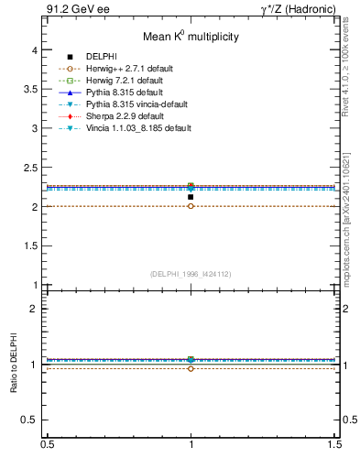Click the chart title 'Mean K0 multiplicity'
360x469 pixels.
pos(191,37)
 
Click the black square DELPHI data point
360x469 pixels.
pos(191,197)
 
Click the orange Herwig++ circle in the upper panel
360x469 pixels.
pos(191,206)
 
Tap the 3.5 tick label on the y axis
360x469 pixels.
pos(33,90)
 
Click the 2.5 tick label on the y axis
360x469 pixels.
pos(33,169)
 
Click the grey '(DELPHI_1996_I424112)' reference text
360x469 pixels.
pos(191,274)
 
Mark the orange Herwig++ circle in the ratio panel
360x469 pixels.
pos(191,368)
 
